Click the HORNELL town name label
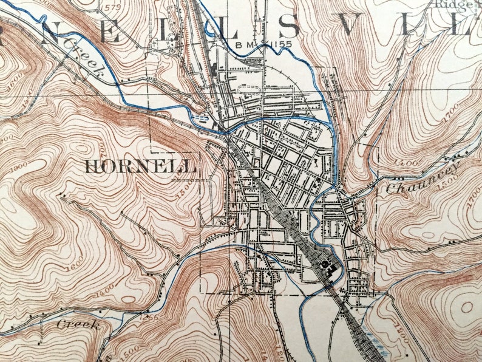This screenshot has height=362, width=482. (140, 166)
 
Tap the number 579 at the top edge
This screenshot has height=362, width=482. (112, 7)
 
